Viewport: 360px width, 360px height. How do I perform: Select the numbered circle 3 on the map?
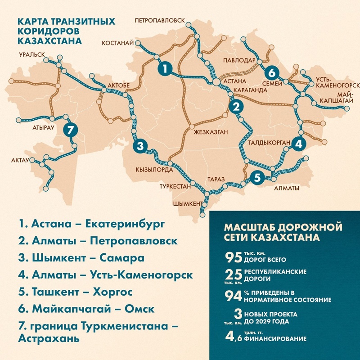pyautogui.click(x=140, y=145)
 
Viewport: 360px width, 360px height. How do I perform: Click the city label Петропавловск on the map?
pyautogui.click(x=160, y=21)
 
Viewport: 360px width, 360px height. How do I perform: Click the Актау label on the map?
pyautogui.click(x=20, y=160)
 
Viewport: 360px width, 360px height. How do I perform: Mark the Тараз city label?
pyautogui.click(x=216, y=179)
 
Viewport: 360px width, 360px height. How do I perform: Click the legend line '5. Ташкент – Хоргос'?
pyautogui.click(x=76, y=292)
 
